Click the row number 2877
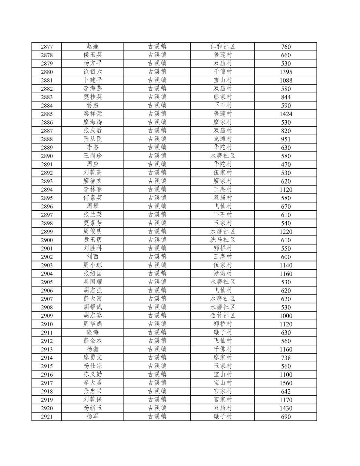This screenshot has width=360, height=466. point(47,47)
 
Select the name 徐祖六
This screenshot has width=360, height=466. point(93,72)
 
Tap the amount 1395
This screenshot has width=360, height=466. point(286,72)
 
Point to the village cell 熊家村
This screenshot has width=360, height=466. point(223,97)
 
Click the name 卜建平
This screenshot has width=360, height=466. point(93,80)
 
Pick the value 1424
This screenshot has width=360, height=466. point(286,114)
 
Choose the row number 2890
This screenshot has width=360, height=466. point(47,156)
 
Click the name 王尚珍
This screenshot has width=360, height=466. point(93,156)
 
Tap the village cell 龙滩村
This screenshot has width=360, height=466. point(223,139)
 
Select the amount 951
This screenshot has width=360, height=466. point(286,139)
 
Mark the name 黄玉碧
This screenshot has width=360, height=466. point(93,240)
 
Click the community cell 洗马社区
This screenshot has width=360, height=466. point(223,240)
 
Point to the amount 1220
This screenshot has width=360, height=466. point(286,232)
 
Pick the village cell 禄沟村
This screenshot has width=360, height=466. point(223,274)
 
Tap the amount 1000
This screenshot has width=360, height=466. point(286,316)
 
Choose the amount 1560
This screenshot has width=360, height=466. point(286,383)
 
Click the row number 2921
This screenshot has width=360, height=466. point(47,417)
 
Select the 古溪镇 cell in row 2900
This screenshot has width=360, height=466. point(157,240)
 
